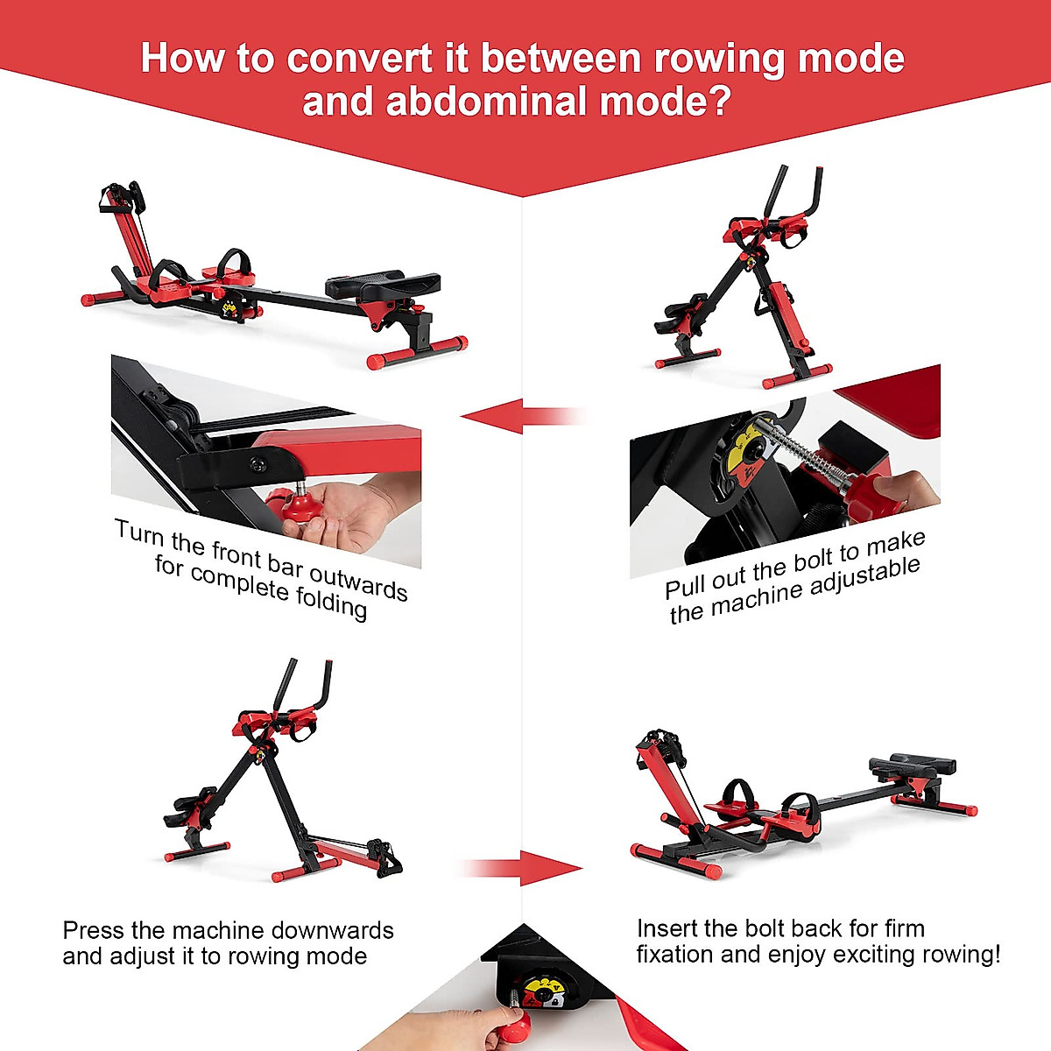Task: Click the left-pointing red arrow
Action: [x=495, y=415]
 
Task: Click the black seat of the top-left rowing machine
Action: [x=384, y=284]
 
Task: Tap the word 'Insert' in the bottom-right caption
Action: [x=667, y=928]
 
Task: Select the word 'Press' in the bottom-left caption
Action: [x=94, y=930]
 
